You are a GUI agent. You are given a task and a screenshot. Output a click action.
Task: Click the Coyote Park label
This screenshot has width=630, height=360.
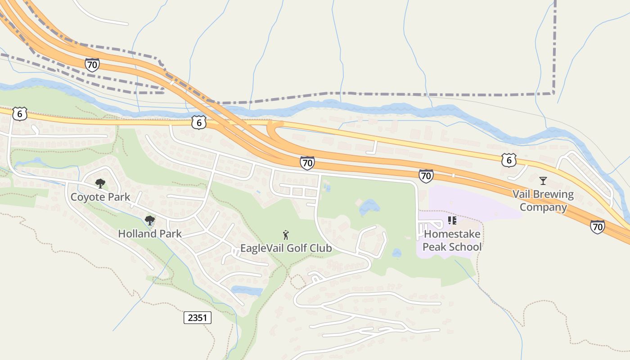(x=100, y=197)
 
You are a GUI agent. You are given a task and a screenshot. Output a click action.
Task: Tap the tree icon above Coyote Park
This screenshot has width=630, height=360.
(x=100, y=183)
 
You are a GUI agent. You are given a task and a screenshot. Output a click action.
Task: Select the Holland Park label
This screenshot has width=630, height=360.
(x=150, y=234)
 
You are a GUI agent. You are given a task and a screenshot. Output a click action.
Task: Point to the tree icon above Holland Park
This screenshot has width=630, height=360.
(x=150, y=220)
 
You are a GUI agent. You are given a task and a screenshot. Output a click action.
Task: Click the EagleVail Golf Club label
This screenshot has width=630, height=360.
(x=286, y=248)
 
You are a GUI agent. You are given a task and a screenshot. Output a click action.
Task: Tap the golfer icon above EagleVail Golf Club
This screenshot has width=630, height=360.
(x=286, y=234)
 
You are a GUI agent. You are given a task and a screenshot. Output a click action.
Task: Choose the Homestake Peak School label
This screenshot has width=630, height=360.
(x=452, y=240)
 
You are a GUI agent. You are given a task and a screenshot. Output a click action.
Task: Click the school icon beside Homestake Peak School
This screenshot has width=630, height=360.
(x=452, y=220)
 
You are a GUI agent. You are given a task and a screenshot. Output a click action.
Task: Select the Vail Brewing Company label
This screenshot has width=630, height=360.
(x=543, y=201)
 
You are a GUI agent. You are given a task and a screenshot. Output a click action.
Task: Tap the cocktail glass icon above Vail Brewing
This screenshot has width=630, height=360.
(x=543, y=181)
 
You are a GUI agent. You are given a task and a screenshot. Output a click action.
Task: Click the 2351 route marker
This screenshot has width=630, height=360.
(x=198, y=318)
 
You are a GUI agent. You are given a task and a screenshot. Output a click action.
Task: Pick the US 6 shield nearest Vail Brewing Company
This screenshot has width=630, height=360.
(x=508, y=160)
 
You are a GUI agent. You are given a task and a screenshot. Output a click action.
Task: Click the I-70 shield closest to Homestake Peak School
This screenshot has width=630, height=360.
(x=426, y=176)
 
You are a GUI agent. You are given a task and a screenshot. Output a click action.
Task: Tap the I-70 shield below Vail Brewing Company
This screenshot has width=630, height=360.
(x=598, y=227)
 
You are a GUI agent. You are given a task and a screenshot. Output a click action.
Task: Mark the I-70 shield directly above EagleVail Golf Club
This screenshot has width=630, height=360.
(x=307, y=163)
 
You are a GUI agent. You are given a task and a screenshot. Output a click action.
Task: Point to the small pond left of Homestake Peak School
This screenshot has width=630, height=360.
(x=396, y=253)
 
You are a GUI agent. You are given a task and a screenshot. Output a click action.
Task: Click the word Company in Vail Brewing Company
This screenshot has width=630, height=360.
(x=543, y=207)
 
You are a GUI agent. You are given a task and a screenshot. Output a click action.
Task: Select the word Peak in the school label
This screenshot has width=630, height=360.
(x=437, y=247)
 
